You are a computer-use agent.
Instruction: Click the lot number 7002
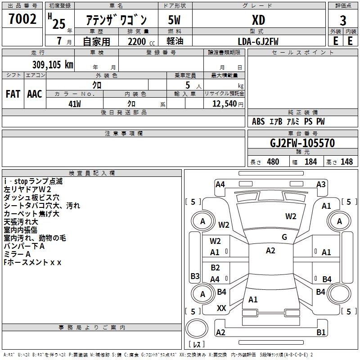pyautogui.click(x=22, y=19)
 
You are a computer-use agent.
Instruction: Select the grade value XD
pyautogui.click(x=258, y=20)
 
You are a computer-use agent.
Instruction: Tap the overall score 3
pyautogui.click(x=343, y=21)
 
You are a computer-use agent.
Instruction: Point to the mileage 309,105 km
pyautogui.click(x=53, y=64)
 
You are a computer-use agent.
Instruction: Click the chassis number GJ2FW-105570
pyautogui.click(x=302, y=143)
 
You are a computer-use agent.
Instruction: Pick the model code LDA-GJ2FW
pyautogui.click(x=258, y=41)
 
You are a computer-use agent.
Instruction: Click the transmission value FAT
pyautogui.click(x=13, y=94)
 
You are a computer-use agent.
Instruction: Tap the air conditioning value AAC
pyautogui.click(x=35, y=94)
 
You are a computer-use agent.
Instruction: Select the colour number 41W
pyautogui.click(x=75, y=104)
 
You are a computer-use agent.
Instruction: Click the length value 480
pyautogui.click(x=273, y=162)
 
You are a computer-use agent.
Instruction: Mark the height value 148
pyautogui.click(x=346, y=162)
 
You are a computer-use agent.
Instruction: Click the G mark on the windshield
pyautogui.click(x=284, y=237)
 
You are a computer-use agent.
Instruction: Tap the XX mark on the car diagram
pyautogui.click(x=221, y=308)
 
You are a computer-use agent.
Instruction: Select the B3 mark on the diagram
pyautogui.click(x=195, y=276)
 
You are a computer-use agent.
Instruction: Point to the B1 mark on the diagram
pyautogui.click(x=321, y=332)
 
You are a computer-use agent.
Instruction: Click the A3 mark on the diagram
pyautogui.click(x=321, y=184)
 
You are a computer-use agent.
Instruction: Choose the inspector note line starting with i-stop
pyautogui.click(x=33, y=181)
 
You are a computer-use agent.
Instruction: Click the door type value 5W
pyautogui.click(x=174, y=20)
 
